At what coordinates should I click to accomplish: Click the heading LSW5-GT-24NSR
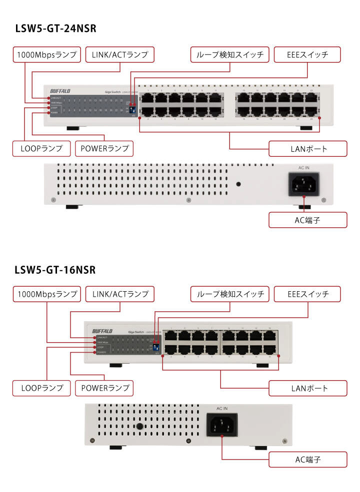(x=55, y=29)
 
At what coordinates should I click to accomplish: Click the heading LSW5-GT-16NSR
(x=55, y=270)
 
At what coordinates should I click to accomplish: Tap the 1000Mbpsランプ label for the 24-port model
(x=46, y=54)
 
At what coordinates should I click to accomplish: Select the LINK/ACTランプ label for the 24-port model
(x=120, y=54)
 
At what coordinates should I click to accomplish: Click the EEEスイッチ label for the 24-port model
(x=307, y=54)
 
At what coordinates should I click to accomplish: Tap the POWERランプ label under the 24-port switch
(x=104, y=148)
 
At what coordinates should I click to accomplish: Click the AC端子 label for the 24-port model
(x=307, y=219)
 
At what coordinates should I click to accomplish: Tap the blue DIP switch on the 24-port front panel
(x=132, y=108)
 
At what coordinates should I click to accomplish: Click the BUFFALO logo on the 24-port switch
(x=61, y=91)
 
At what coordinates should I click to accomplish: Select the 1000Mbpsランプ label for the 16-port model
(x=46, y=294)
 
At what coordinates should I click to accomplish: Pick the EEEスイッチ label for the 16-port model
(x=307, y=294)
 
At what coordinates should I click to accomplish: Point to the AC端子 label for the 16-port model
(x=307, y=459)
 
